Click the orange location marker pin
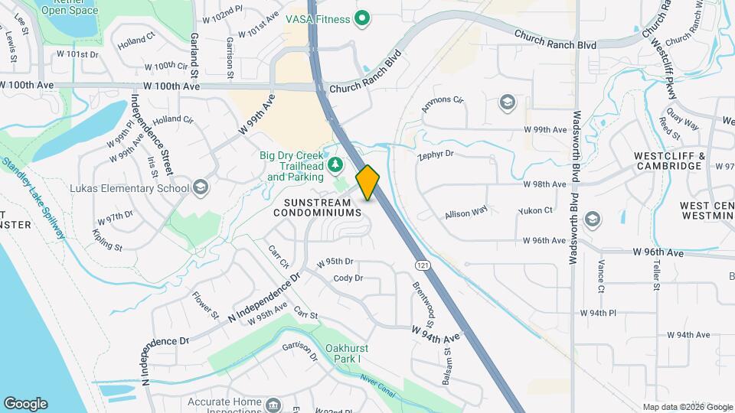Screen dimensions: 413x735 [368, 182]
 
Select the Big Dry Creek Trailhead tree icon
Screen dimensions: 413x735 [335, 164]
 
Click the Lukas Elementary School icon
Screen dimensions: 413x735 [200, 187]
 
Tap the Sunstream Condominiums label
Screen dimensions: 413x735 [317, 206]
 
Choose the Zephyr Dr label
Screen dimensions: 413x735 [436, 154]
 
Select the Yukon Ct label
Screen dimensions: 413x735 [536, 210]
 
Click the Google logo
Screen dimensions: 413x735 [25, 404]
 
